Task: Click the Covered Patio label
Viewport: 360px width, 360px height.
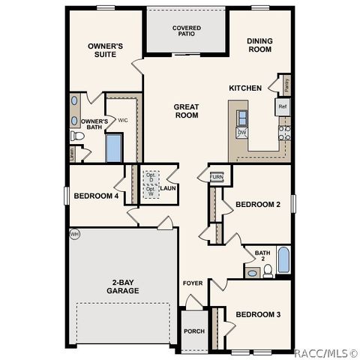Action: pyautogui.click(x=186, y=31)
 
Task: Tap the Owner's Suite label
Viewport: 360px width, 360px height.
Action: pyautogui.click(x=105, y=49)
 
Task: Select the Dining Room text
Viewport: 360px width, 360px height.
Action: pyautogui.click(x=259, y=46)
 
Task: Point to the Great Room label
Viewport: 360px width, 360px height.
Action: pyautogui.click(x=186, y=111)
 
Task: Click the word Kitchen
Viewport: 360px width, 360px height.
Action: pyautogui.click(x=245, y=88)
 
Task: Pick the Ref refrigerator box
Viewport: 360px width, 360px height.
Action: pyautogui.click(x=283, y=107)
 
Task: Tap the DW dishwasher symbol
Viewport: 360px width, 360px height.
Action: pyautogui.click(x=242, y=133)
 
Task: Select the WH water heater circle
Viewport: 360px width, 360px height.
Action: pyautogui.click(x=74, y=235)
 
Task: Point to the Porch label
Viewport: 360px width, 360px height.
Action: pyautogui.click(x=193, y=331)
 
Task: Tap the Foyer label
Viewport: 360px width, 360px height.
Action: pyautogui.click(x=193, y=283)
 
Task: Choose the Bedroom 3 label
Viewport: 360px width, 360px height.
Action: pyautogui.click(x=257, y=314)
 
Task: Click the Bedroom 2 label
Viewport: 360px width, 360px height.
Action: pyautogui.click(x=257, y=204)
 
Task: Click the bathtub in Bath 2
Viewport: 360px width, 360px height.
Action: pyautogui.click(x=284, y=259)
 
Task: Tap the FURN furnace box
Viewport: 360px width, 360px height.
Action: pyautogui.click(x=217, y=177)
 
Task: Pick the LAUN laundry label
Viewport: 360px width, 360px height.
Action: pyautogui.click(x=167, y=188)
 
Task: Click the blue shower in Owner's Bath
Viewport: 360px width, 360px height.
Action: pyautogui.click(x=113, y=148)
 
